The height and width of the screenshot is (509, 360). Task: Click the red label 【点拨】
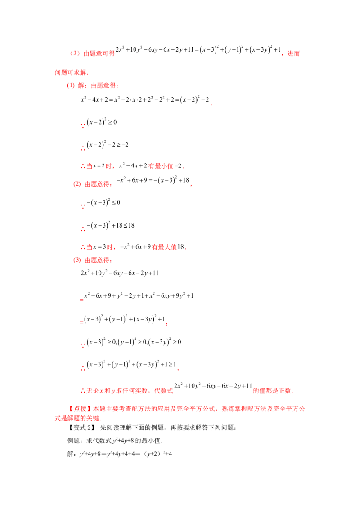point(80,409)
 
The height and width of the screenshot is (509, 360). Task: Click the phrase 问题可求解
point(71,72)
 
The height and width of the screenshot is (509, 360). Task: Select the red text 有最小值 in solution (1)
point(161,166)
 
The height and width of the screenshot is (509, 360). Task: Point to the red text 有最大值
point(164,247)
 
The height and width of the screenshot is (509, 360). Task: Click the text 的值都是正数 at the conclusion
point(272,390)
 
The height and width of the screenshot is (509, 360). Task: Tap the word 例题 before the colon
point(73,441)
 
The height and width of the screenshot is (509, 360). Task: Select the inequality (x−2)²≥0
point(102,122)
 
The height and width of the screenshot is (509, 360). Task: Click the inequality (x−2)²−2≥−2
point(108,145)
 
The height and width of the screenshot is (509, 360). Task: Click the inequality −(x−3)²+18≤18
point(110,225)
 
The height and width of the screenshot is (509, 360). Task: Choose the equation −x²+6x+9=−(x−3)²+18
point(153,180)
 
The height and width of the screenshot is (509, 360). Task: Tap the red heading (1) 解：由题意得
point(93,85)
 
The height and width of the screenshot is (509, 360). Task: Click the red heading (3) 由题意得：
point(93,260)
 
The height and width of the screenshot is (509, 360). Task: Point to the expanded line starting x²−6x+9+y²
point(139,296)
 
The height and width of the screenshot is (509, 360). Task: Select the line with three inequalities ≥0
point(134,342)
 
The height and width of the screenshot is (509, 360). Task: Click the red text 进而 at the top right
point(294,54)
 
